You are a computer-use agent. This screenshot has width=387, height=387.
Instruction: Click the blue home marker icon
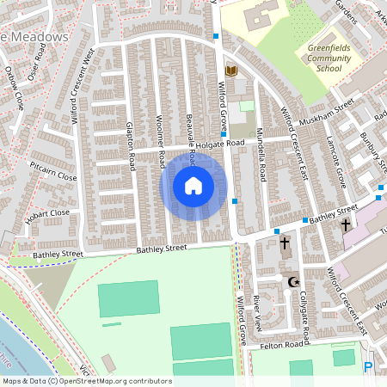(193, 186)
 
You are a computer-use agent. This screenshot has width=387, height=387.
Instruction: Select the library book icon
(230, 70)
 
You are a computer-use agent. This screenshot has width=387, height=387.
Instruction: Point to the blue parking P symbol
(369, 367)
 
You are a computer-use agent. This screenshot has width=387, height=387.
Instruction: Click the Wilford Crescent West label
(81, 87)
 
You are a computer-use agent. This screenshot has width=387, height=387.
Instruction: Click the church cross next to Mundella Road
(285, 244)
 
